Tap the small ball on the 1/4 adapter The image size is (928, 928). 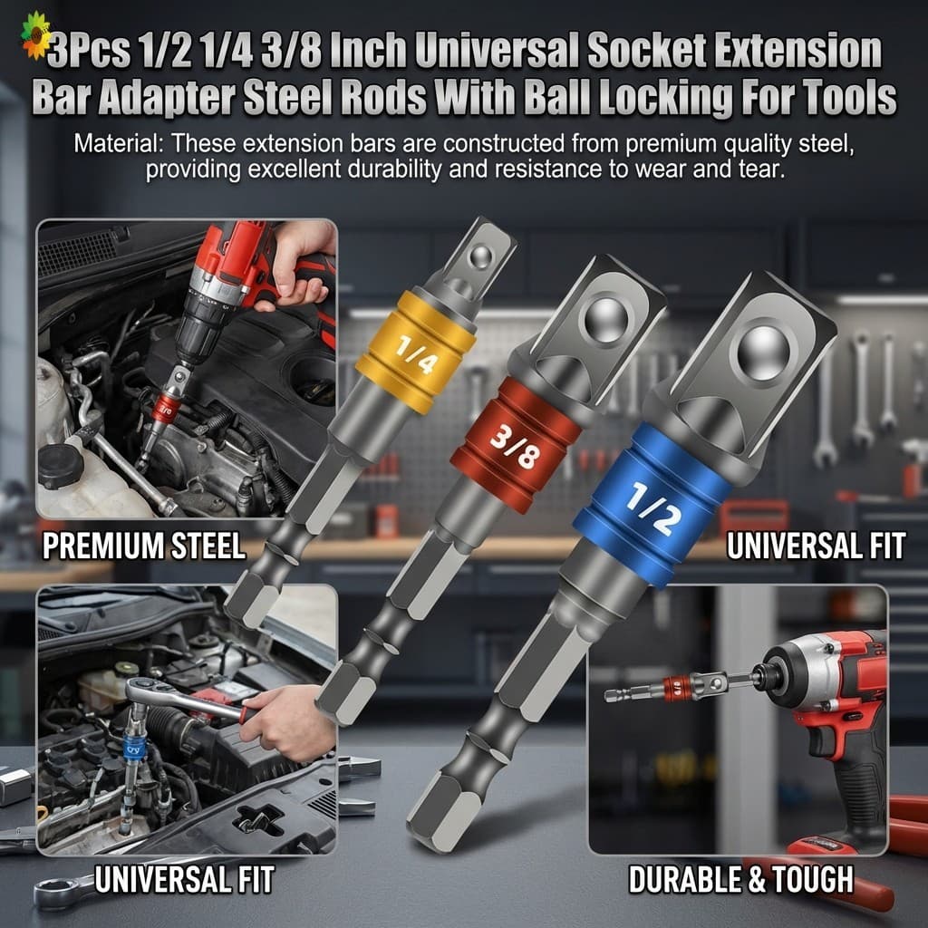coord(480,256)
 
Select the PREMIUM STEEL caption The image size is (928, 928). coord(144,546)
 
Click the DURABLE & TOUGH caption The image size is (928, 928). coord(741,879)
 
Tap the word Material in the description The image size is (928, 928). coord(116,144)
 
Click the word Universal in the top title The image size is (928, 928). coord(497,51)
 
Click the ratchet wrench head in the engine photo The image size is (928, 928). coord(143,692)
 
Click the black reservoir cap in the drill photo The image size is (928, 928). coord(61,466)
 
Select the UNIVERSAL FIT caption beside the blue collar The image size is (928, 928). coord(817,546)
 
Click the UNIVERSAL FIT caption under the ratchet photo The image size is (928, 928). coord(185,879)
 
